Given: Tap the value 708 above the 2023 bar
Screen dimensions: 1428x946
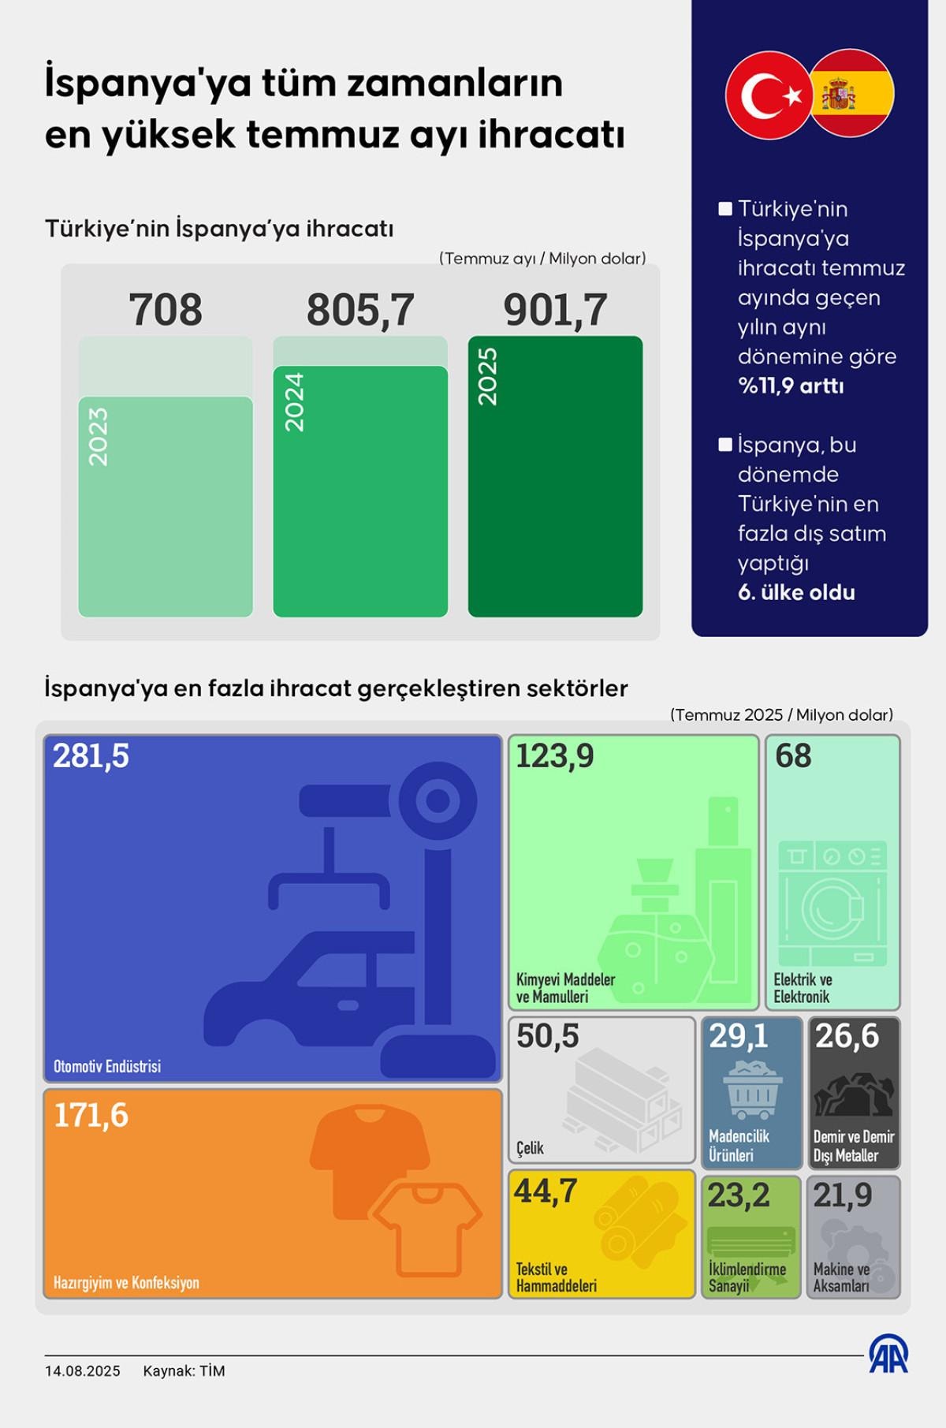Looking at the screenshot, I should pyautogui.click(x=166, y=310).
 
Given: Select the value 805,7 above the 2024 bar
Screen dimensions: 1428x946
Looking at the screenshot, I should pyautogui.click(x=360, y=310).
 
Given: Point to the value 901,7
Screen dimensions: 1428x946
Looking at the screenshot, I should pyautogui.click(x=555, y=310).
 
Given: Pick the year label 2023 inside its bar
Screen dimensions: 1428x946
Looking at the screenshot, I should pyautogui.click(x=99, y=436).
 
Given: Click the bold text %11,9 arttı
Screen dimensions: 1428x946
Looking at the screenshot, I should pyautogui.click(x=791, y=386).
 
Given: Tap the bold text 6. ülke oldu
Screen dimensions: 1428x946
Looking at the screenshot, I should pyautogui.click(x=796, y=593).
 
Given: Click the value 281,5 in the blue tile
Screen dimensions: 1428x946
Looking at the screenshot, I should pyautogui.click(x=91, y=756).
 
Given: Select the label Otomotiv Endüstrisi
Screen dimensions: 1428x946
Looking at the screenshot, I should pyautogui.click(x=107, y=1066).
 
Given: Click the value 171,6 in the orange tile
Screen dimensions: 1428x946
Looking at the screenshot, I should pyautogui.click(x=91, y=1116).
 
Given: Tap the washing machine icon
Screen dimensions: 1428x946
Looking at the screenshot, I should pyautogui.click(x=832, y=904).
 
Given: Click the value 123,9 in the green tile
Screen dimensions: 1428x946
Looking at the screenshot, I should pyautogui.click(x=554, y=756).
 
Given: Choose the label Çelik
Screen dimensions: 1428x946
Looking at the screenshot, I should pyautogui.click(x=530, y=1148).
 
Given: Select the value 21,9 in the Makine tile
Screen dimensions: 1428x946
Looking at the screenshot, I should pyautogui.click(x=843, y=1195).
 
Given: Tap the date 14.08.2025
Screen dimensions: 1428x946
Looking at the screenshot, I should pyautogui.click(x=83, y=1370).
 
